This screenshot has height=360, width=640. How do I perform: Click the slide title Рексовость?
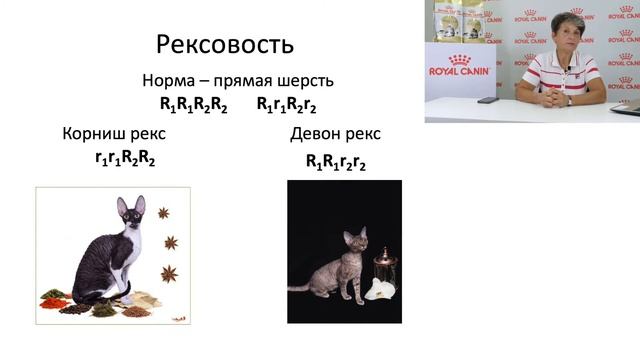point(225,44)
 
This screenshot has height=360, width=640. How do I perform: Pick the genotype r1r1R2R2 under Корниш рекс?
point(125,158)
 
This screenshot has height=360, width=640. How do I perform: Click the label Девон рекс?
point(335,133)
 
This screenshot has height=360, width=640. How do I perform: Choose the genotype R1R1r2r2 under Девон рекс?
point(336,160)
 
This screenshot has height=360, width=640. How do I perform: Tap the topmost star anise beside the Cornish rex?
point(163,212)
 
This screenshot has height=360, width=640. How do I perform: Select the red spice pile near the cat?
point(55,301)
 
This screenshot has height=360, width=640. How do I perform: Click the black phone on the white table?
point(488,100)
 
